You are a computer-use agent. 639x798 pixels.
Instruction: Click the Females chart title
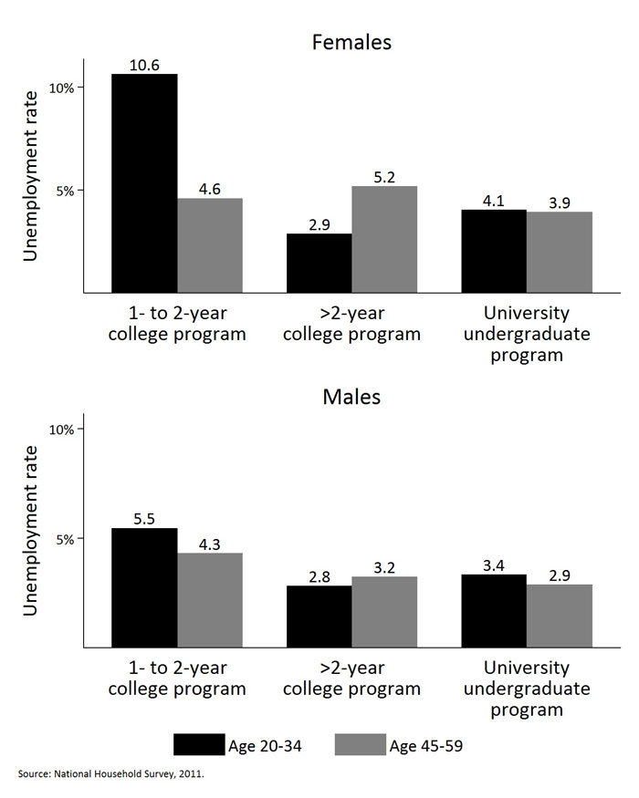(351, 43)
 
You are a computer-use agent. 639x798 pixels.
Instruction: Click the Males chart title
(351, 398)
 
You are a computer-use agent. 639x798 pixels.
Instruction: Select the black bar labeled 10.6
(144, 182)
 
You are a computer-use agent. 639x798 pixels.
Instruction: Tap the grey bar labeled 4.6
(210, 245)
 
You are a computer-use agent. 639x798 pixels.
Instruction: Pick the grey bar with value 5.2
(384, 239)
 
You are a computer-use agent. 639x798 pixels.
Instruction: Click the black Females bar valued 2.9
(319, 263)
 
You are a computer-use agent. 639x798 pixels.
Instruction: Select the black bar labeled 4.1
(494, 251)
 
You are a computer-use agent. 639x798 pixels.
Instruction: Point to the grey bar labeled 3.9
(560, 253)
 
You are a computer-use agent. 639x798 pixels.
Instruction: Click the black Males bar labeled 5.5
(144, 587)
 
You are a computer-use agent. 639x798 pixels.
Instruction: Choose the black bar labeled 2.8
(319, 617)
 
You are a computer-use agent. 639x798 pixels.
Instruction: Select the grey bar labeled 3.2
(384, 612)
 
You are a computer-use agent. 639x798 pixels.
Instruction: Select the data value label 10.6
(144, 65)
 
